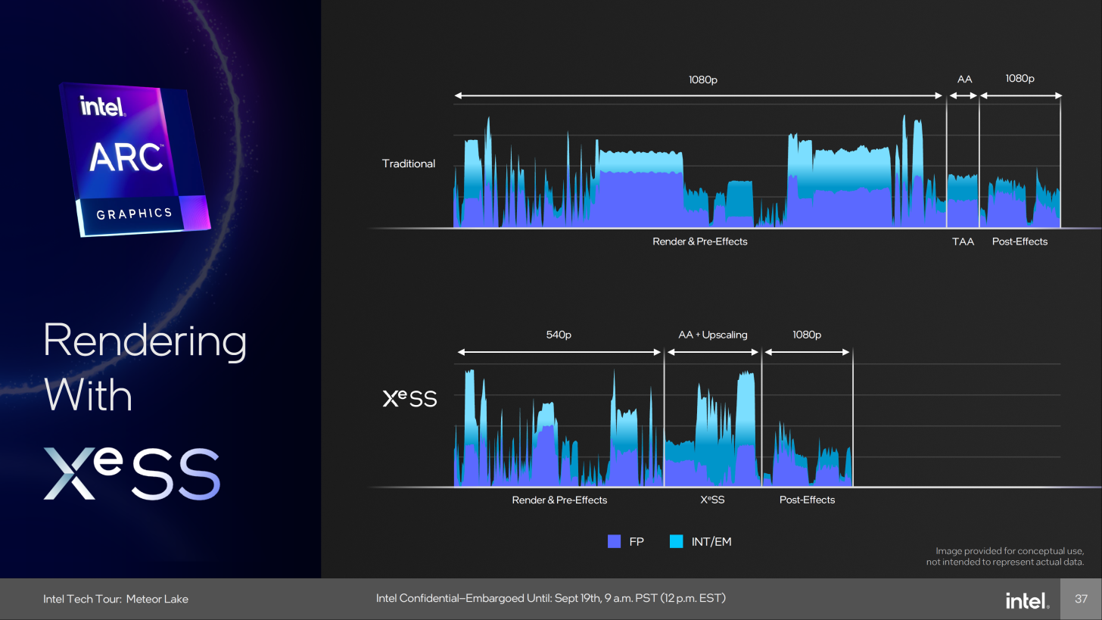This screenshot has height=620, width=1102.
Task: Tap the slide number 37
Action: (x=1082, y=599)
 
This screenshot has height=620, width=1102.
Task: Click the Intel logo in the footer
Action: (x=1027, y=600)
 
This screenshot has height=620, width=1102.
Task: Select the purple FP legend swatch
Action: (x=614, y=541)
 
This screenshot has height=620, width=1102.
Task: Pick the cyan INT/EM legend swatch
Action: (x=677, y=541)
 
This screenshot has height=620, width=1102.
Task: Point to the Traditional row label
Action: (x=409, y=164)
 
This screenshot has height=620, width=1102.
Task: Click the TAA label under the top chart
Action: (x=963, y=241)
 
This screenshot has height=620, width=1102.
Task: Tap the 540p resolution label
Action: (x=559, y=335)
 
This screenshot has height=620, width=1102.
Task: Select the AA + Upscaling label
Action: (x=712, y=335)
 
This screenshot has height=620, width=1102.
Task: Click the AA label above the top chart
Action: (x=964, y=79)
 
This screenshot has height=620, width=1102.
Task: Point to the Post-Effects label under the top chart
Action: (x=1020, y=241)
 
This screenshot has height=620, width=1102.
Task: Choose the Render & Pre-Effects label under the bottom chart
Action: (x=559, y=500)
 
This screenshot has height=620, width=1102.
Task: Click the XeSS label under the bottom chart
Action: (x=712, y=500)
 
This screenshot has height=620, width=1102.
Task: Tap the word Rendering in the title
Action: (x=145, y=342)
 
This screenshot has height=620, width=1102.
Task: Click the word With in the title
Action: (x=88, y=395)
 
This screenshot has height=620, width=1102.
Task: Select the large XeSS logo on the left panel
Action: (x=132, y=473)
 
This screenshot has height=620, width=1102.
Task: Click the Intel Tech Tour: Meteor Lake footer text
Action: (x=116, y=599)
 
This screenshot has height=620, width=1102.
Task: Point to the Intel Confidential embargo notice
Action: (x=550, y=598)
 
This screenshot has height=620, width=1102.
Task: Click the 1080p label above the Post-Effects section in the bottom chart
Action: (x=807, y=335)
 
